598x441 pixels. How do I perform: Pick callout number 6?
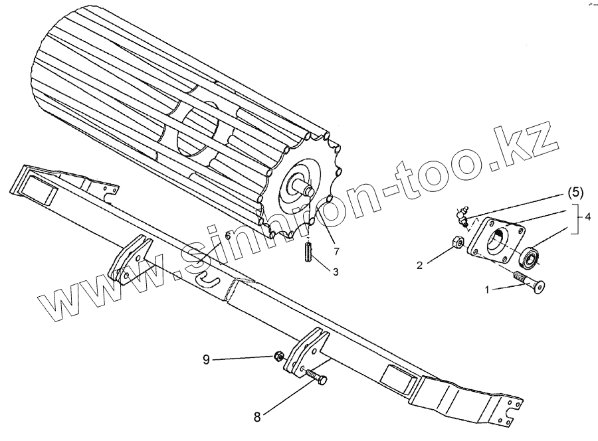[227, 236]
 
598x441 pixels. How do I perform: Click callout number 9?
[207, 359]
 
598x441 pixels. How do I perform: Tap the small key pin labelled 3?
[308, 253]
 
